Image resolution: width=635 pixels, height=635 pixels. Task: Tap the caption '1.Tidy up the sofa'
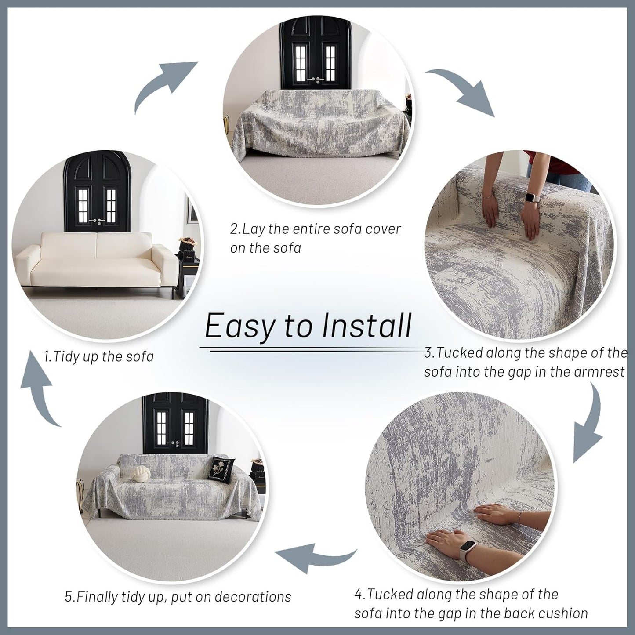[99, 356]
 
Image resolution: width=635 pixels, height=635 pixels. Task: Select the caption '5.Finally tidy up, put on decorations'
[178, 597]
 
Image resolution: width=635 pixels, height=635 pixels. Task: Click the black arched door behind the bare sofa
[95, 193]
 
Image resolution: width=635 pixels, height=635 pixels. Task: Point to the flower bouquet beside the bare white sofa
[188, 243]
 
